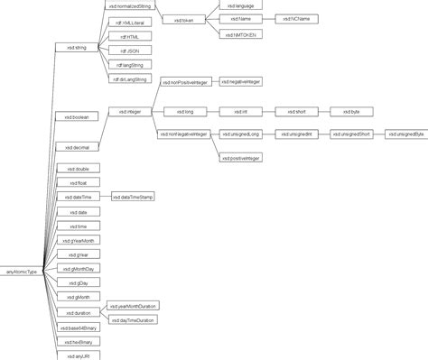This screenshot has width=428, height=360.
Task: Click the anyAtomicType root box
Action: (22, 270)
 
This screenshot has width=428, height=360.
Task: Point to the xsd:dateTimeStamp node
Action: (132, 196)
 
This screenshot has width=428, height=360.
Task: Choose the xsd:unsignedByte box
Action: (405, 134)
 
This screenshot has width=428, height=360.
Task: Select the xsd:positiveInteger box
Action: (240, 157)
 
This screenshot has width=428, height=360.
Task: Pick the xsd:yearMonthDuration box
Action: (131, 307)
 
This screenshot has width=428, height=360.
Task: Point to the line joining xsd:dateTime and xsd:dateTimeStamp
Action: (103, 196)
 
